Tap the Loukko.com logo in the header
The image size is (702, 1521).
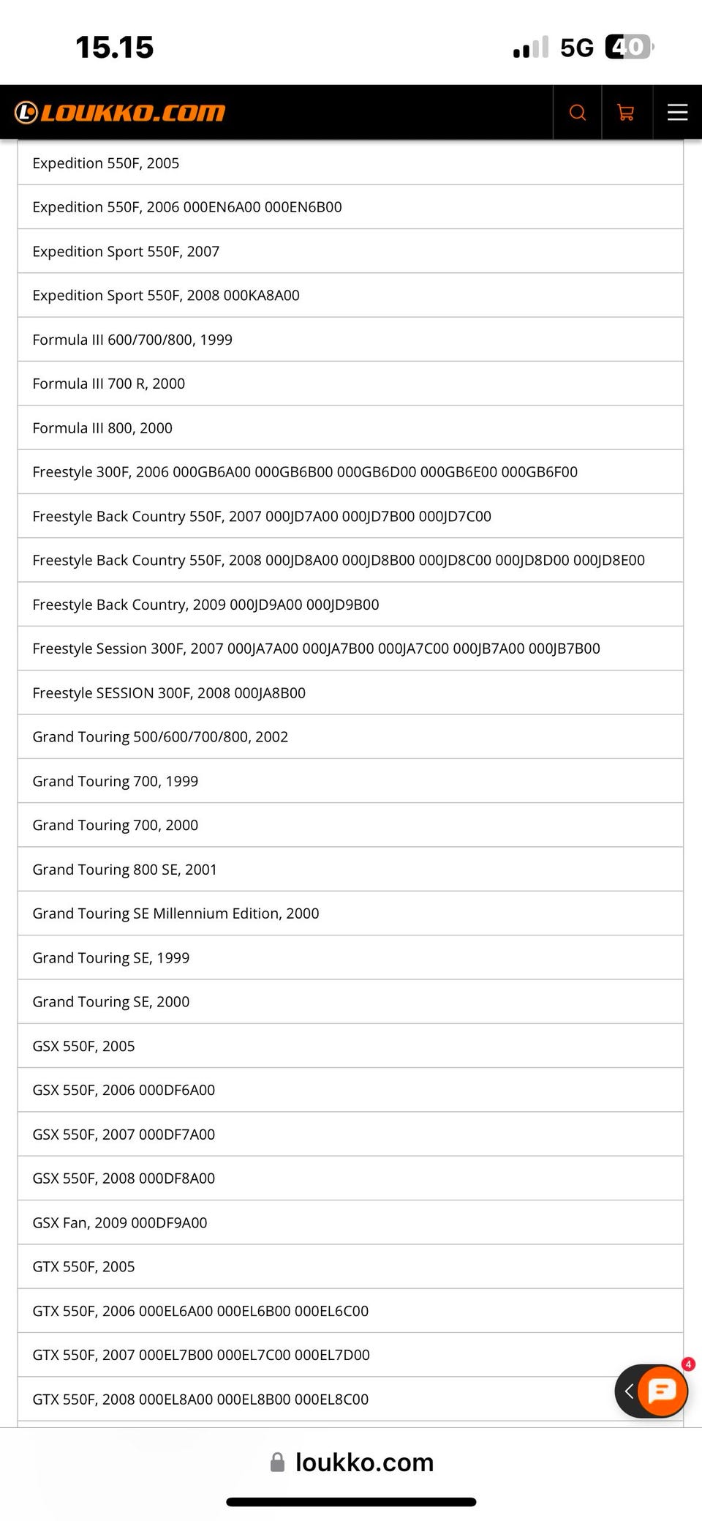(x=120, y=112)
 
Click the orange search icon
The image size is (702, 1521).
(x=577, y=112)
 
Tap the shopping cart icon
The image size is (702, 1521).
(x=626, y=112)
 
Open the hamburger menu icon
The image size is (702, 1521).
(x=677, y=112)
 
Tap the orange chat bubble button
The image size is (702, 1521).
(x=662, y=1390)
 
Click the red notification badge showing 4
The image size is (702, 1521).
(x=688, y=1364)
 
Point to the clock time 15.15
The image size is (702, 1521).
(x=115, y=48)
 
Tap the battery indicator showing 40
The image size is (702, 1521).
(x=628, y=47)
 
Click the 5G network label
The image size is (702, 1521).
(x=577, y=48)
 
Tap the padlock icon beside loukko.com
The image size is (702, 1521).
(x=278, y=1462)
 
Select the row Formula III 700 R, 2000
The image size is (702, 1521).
(x=109, y=384)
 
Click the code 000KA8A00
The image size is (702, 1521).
(x=261, y=296)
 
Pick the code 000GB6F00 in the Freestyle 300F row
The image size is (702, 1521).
(x=540, y=472)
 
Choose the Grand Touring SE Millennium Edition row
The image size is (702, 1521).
(x=175, y=913)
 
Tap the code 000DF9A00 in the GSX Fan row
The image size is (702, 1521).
(x=169, y=1222)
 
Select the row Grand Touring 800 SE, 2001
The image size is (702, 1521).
(x=125, y=870)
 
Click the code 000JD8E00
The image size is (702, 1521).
(x=608, y=561)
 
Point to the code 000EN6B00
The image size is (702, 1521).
(x=303, y=207)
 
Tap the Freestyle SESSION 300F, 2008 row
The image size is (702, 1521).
(x=169, y=692)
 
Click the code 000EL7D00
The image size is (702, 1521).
(x=332, y=1355)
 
